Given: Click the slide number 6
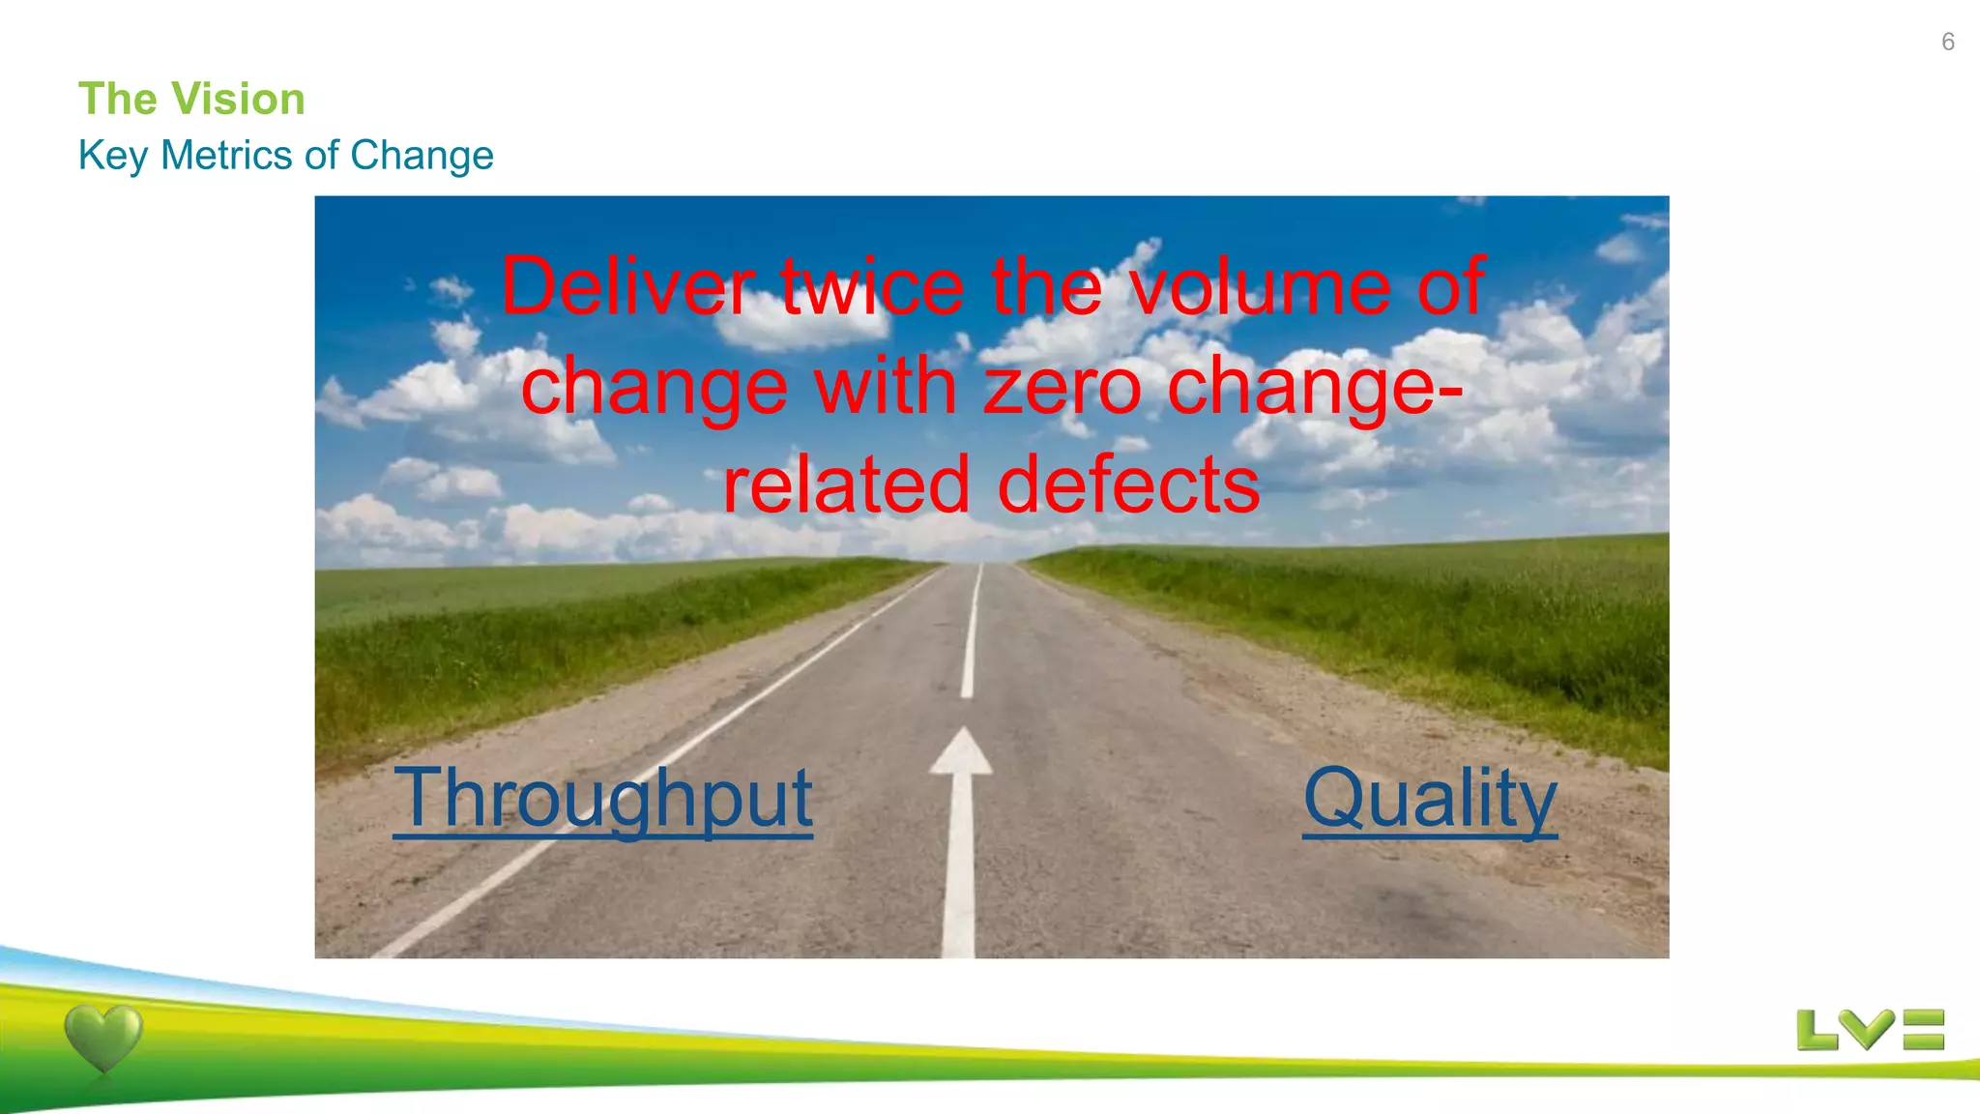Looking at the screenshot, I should pyautogui.click(x=1947, y=42).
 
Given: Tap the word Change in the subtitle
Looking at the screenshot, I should pyautogui.click(x=422, y=156).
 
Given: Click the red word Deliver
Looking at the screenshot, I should pyautogui.click(x=627, y=286).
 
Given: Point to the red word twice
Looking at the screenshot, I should pyautogui.click(x=872, y=286).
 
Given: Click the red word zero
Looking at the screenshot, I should pyautogui.click(x=1063, y=386).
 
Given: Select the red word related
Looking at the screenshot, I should pyautogui.click(x=846, y=484).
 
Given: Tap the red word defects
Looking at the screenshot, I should pyautogui.click(x=1128, y=484).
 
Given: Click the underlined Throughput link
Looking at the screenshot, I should pyautogui.click(x=602, y=799).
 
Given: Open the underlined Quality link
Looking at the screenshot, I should pyautogui.click(x=1429, y=799).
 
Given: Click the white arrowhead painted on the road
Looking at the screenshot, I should pyautogui.click(x=961, y=753).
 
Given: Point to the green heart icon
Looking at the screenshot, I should pyautogui.click(x=103, y=1038).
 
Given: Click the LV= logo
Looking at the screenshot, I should pyautogui.click(x=1870, y=1030).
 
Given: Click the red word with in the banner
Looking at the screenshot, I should pyautogui.click(x=886, y=386).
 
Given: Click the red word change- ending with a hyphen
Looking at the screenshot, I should pyautogui.click(x=1315, y=386).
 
